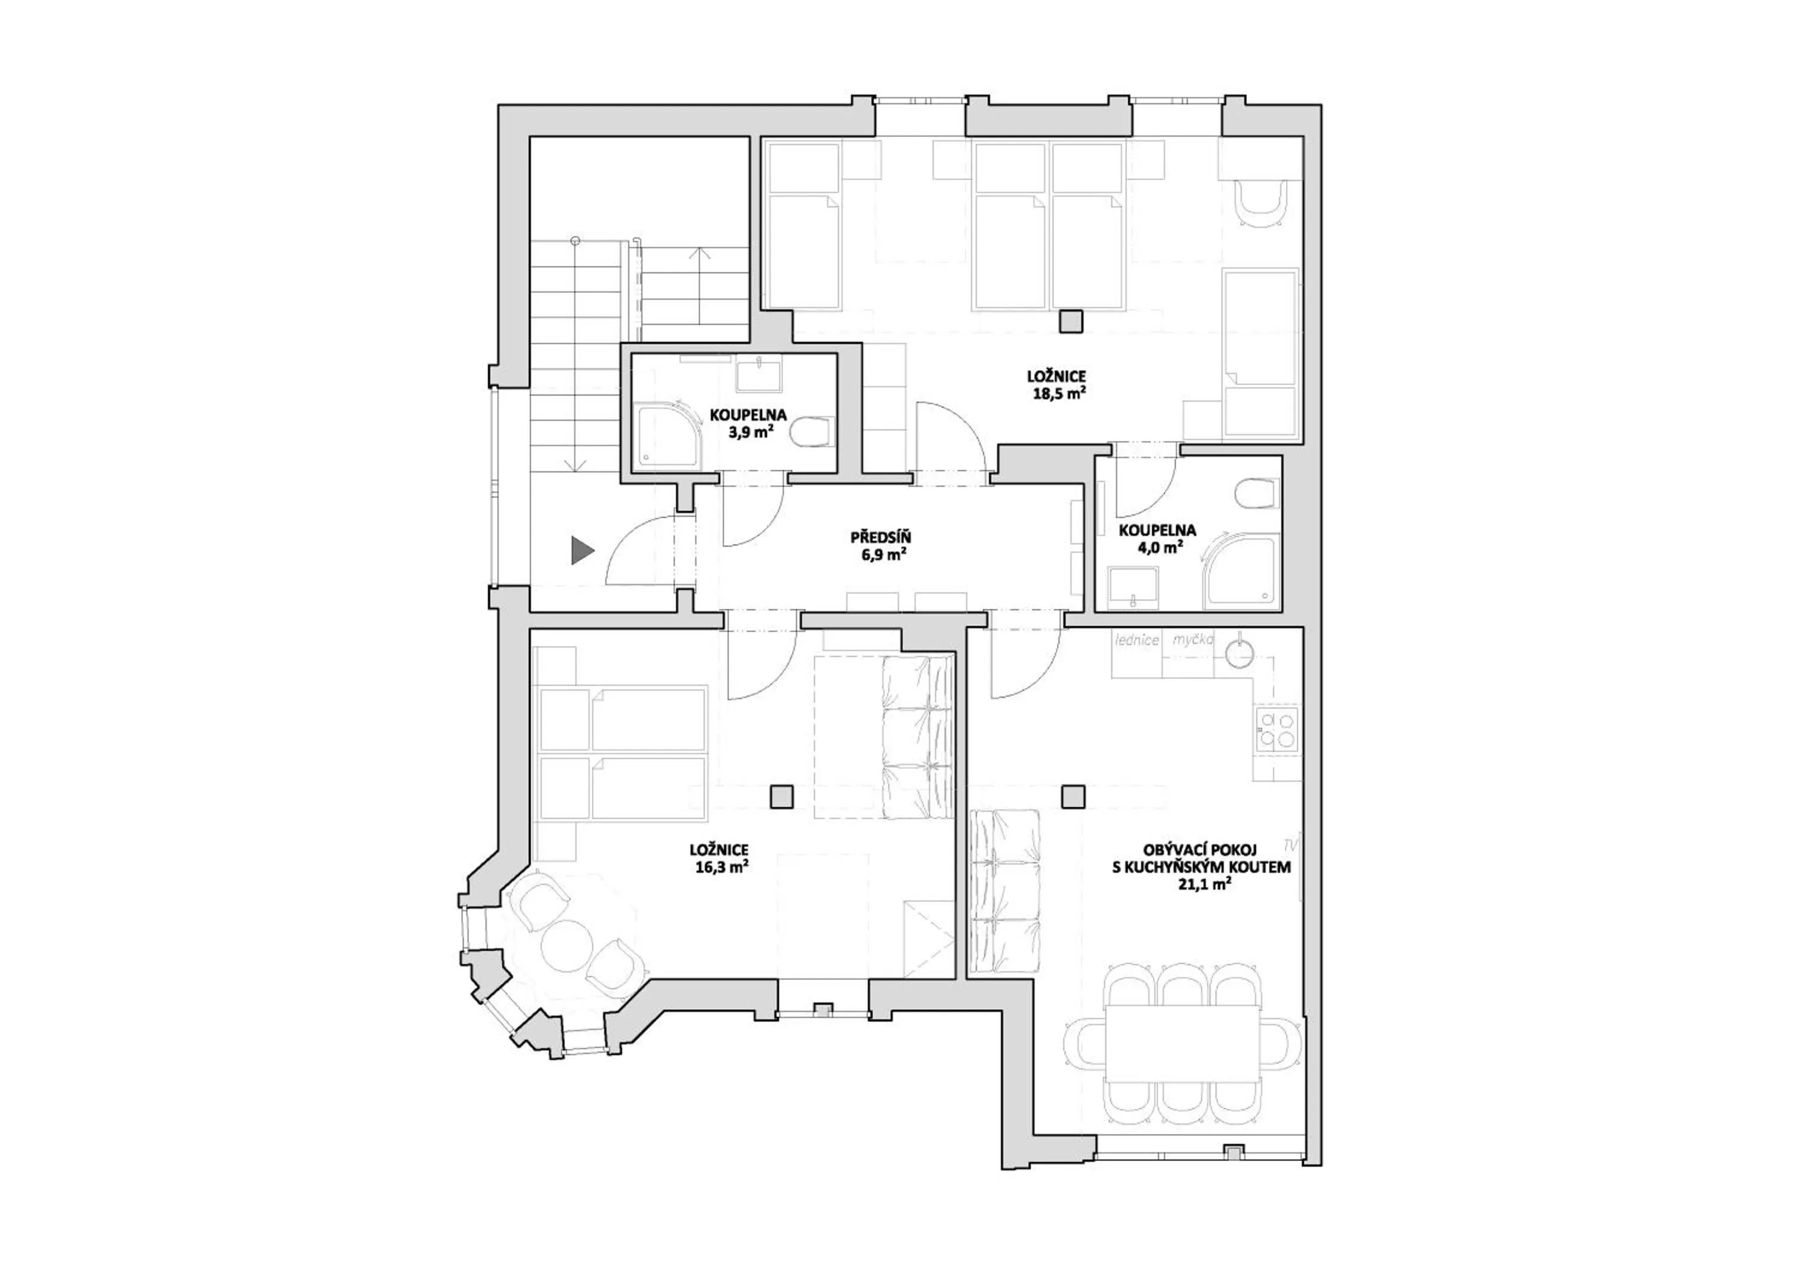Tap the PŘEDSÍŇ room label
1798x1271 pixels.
(x=881, y=538)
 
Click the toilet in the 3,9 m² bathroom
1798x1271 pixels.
(x=810, y=432)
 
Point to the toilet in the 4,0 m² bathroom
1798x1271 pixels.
(x=1256, y=493)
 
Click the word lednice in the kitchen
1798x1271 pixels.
(x=1137, y=640)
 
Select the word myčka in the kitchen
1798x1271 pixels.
(x=1193, y=640)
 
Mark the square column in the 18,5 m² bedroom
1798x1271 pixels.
(x=1070, y=321)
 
